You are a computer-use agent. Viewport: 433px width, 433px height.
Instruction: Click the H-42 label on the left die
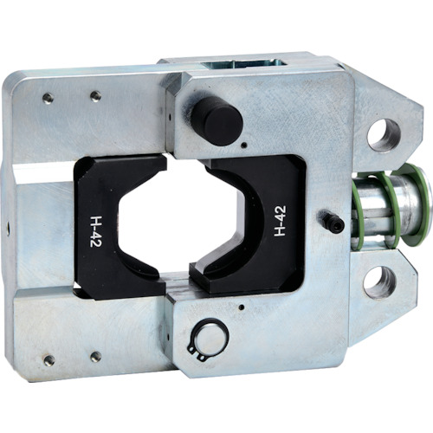click(94, 231)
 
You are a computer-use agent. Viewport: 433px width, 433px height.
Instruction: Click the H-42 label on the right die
click(280, 221)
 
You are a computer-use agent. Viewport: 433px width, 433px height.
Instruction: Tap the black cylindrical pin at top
click(217, 120)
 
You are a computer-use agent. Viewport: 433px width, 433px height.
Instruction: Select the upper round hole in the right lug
click(384, 135)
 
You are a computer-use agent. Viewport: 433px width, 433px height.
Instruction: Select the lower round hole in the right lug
click(380, 282)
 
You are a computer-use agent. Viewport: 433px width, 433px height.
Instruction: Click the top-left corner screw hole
click(48, 99)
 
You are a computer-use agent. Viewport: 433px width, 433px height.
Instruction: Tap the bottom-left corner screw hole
click(49, 360)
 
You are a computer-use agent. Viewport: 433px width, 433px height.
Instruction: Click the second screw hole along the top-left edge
click(96, 96)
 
